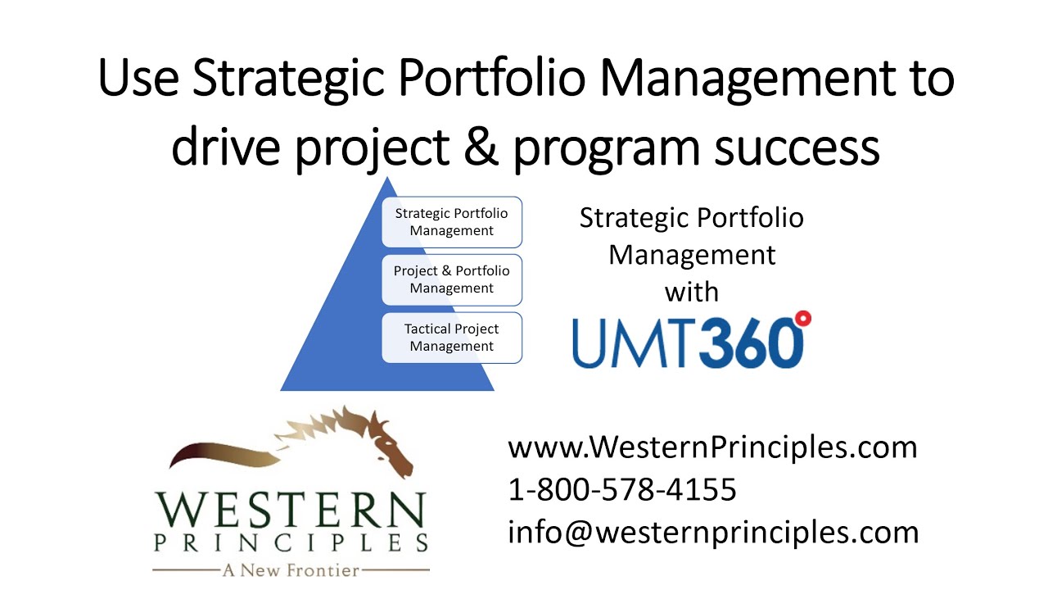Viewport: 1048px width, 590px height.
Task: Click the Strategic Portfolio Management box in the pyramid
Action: [451, 222]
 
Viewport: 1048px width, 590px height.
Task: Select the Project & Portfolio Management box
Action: [451, 279]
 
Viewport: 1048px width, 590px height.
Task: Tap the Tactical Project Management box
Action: [451, 337]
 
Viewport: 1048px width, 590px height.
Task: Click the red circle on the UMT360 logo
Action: [802, 319]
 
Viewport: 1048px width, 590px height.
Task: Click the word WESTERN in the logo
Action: [291, 511]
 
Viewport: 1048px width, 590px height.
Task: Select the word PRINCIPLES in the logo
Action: [291, 542]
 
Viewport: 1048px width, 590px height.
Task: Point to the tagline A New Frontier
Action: [291, 570]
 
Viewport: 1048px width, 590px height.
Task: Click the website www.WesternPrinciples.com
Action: [712, 447]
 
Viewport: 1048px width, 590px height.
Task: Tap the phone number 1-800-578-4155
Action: [622, 490]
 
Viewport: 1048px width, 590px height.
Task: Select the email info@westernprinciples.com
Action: [713, 533]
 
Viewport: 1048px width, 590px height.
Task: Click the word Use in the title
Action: [138, 79]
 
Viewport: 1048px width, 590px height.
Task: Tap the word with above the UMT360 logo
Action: [692, 292]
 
